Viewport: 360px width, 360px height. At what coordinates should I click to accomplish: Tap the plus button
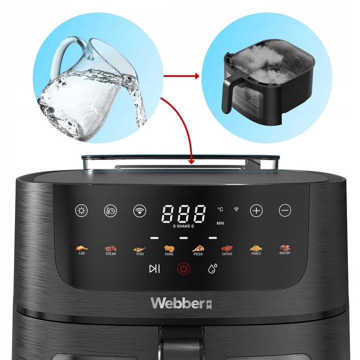256,210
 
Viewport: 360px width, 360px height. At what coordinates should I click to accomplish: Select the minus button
285,210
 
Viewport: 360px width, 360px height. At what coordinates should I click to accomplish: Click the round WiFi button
139,210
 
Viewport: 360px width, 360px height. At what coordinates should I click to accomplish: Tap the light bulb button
81,210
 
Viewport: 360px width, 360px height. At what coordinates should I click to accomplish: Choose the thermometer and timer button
110,210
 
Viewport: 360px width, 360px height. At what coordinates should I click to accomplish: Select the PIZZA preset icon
198,248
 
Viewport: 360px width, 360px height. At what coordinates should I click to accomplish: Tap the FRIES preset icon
256,248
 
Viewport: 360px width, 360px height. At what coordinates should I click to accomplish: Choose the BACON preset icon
285,248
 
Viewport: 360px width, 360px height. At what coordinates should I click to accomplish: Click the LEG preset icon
82,248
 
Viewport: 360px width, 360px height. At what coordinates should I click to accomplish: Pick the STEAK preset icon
110,248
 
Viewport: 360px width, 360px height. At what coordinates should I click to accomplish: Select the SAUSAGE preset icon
227,248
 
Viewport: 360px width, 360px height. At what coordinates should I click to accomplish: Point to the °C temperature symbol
220,209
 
